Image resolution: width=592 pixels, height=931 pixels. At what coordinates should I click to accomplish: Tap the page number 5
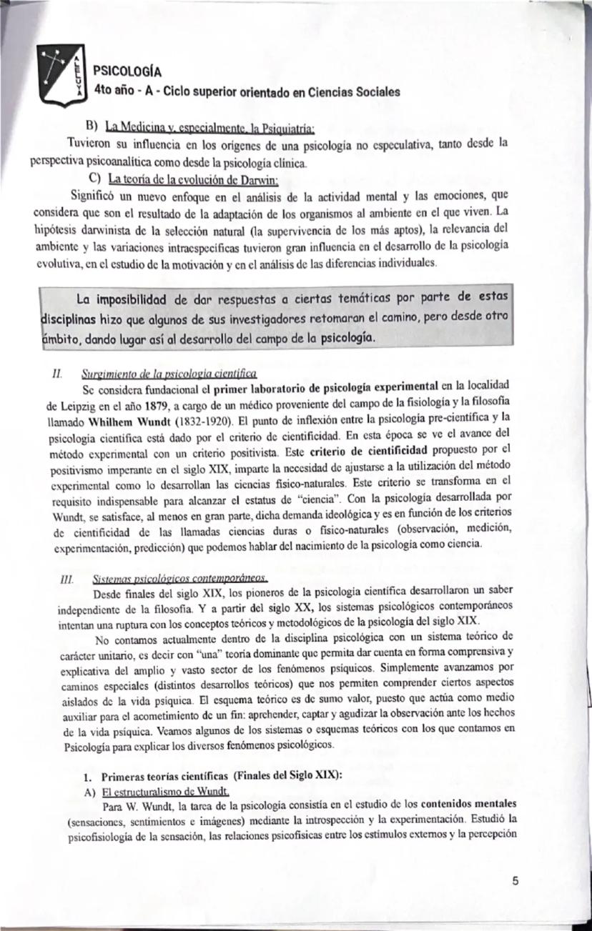(516, 881)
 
